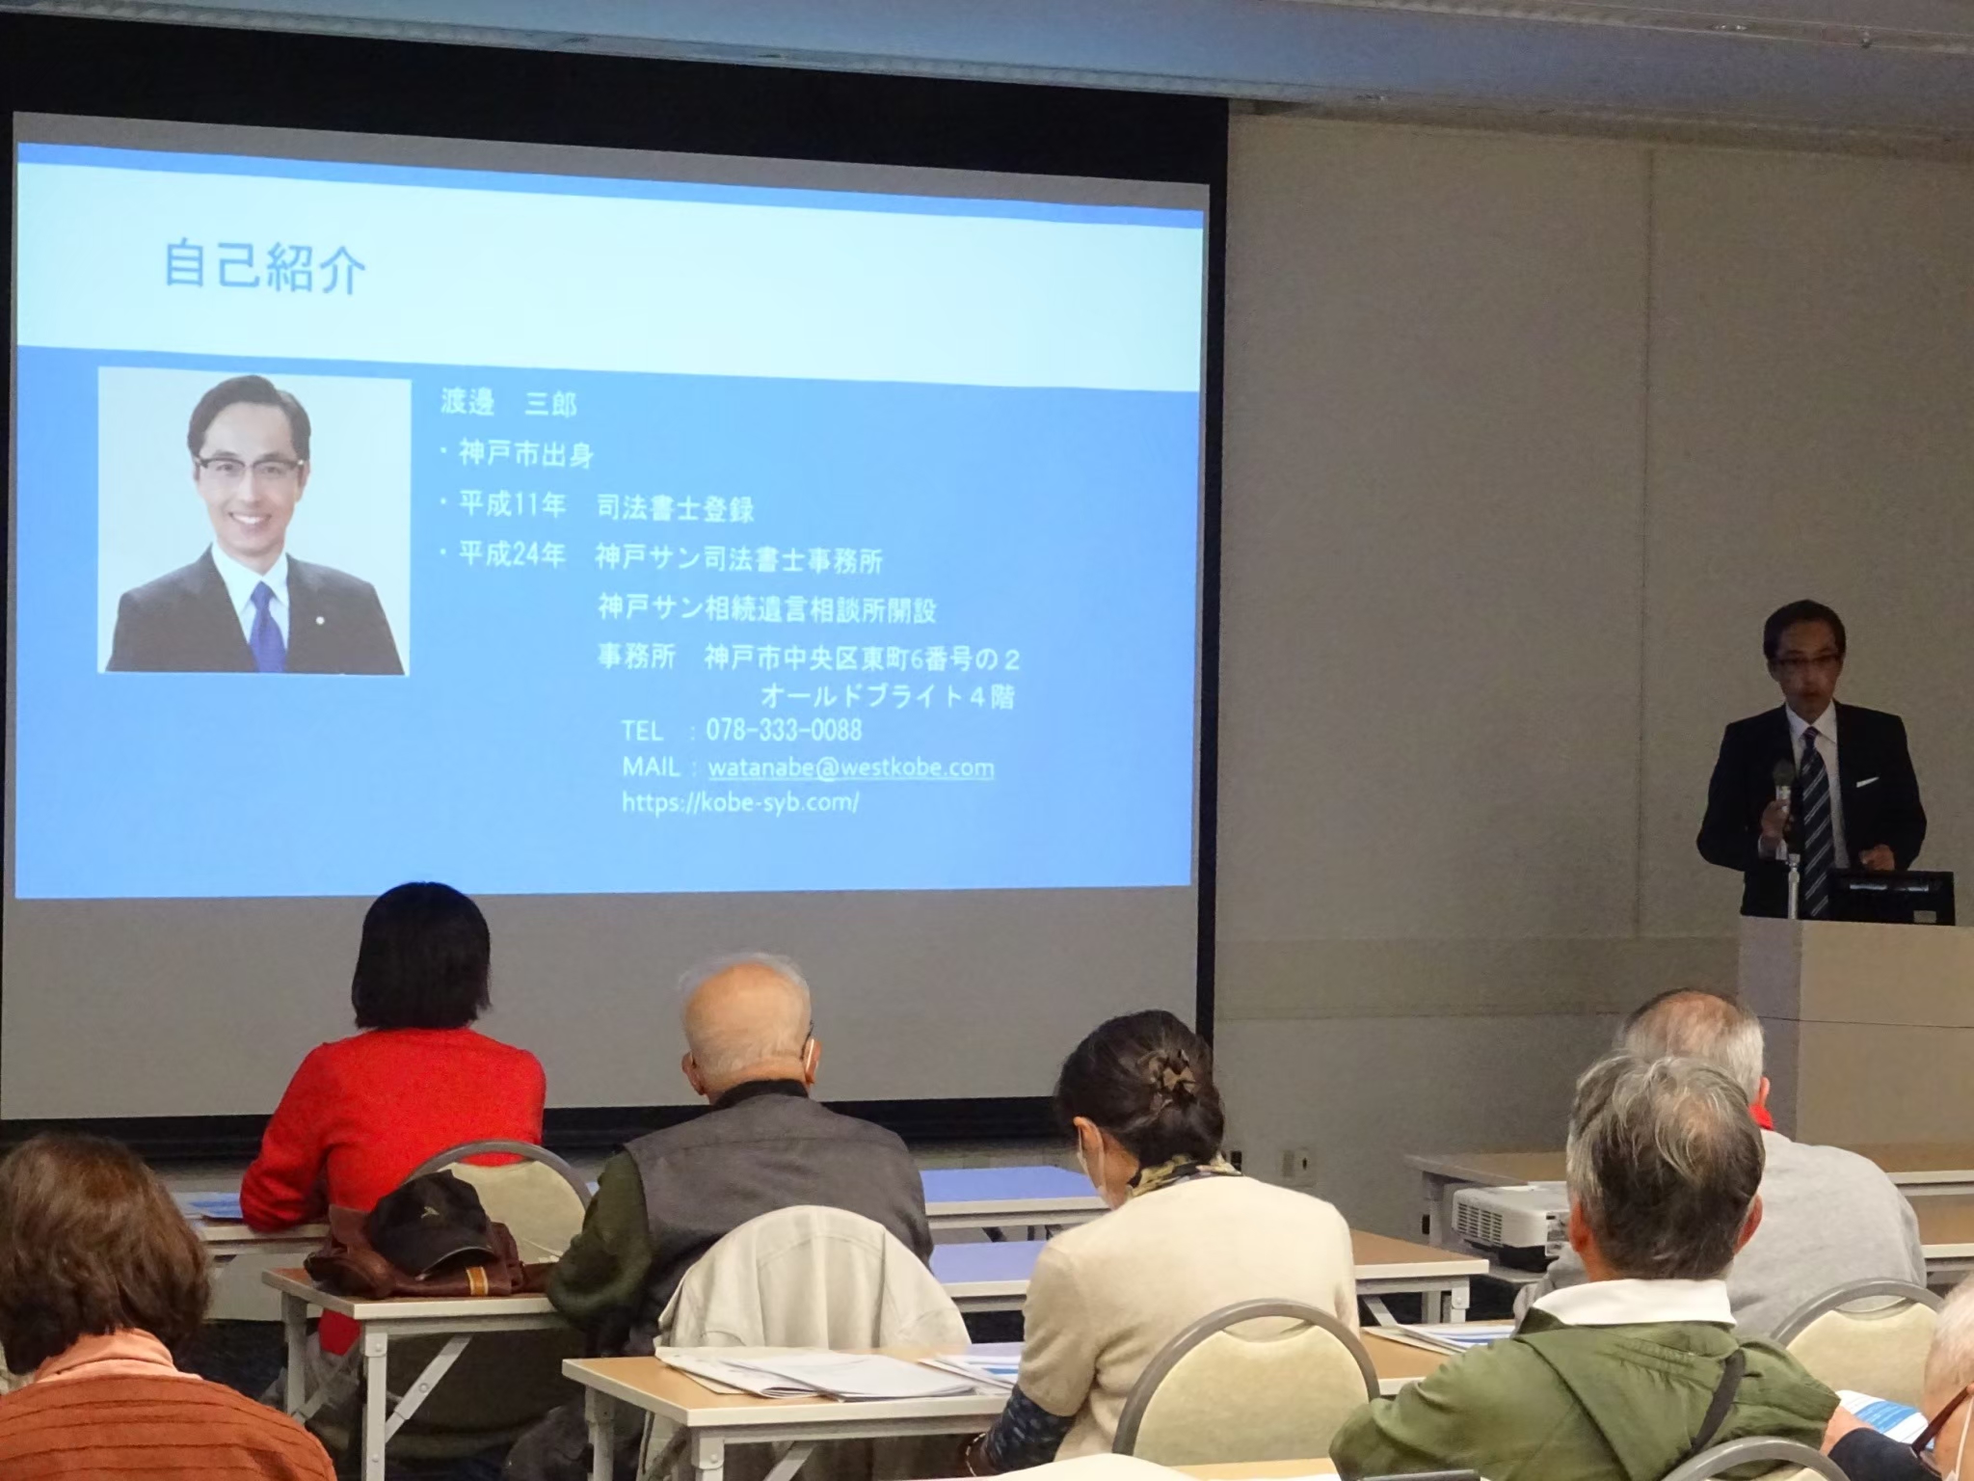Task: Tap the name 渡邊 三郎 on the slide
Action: pyautogui.click(x=508, y=402)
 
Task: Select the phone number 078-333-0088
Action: pyautogui.click(x=784, y=729)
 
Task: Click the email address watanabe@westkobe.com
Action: pyautogui.click(x=851, y=767)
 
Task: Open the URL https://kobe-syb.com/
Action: pyautogui.click(x=740, y=801)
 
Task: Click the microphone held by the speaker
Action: pyautogui.click(x=1783, y=787)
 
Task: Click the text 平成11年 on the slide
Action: pyautogui.click(x=511, y=505)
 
